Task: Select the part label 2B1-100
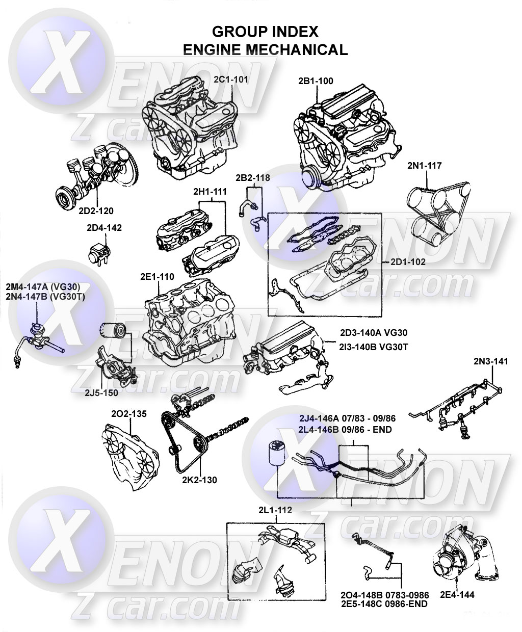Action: tap(316, 81)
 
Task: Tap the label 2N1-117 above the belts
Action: tap(424, 166)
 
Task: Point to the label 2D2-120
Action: tap(96, 210)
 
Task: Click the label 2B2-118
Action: tap(252, 177)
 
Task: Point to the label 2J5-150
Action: tap(100, 392)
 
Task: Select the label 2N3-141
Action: tap(491, 361)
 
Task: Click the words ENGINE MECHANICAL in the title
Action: tap(265, 49)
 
